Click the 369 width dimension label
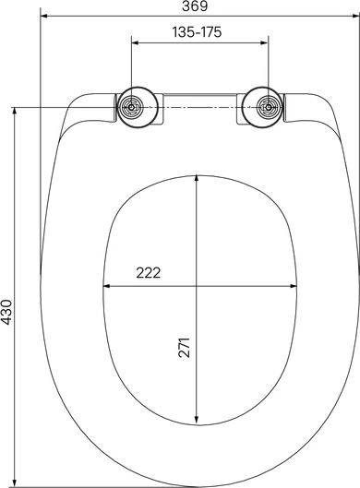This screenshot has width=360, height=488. click(x=195, y=6)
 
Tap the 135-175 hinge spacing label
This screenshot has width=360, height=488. click(x=198, y=31)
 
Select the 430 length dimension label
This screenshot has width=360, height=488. click(x=6, y=312)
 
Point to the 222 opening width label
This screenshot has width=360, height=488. click(x=149, y=273)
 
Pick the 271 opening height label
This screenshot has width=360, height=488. click(x=184, y=347)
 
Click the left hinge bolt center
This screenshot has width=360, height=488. click(x=131, y=107)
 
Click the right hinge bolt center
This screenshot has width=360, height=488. click(x=268, y=107)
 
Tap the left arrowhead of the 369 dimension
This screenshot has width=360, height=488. click(x=44, y=16)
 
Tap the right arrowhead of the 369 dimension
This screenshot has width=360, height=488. click(x=356, y=16)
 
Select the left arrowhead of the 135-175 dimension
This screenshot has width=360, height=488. click(x=135, y=42)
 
